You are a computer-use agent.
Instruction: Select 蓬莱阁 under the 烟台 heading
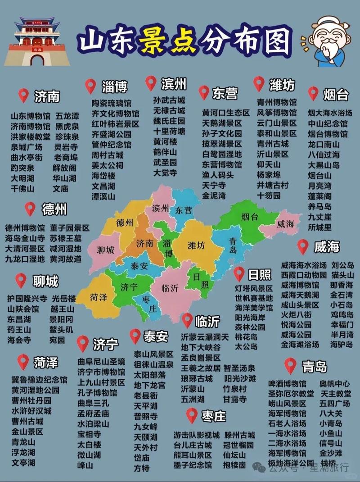tap(320, 196)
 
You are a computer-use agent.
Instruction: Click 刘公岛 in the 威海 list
tap(342, 265)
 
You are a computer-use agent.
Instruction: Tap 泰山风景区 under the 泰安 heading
tap(154, 354)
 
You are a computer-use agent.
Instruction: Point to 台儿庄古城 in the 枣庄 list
tap(193, 445)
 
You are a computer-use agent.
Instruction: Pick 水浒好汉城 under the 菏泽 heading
tap(31, 411)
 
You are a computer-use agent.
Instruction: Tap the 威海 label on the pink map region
tap(286, 223)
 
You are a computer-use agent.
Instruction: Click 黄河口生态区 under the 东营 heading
tap(225, 112)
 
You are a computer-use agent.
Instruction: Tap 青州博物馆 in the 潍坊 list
tap(277, 102)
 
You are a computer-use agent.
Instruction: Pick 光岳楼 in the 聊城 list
tap(63, 299)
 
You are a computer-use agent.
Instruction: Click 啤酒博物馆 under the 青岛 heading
tap(287, 384)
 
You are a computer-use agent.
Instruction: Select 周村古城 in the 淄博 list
tap(108, 155)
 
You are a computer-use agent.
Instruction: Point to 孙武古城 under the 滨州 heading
tap(169, 100)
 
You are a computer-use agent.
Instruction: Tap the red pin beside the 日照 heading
tap(239, 273)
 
